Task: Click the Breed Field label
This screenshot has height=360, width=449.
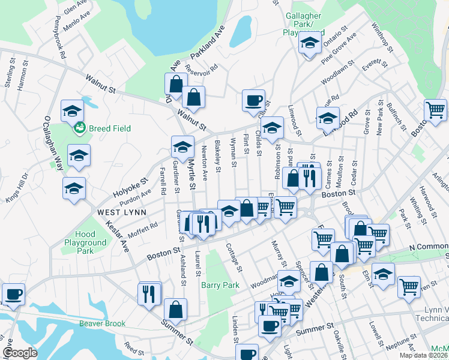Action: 109,128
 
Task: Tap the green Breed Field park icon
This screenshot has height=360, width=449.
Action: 79,128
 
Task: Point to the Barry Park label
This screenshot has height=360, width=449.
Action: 220,286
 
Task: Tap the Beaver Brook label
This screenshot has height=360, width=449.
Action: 103,323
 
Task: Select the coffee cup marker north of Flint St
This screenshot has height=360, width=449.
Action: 253,100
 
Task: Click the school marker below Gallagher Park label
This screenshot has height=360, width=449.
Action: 310,43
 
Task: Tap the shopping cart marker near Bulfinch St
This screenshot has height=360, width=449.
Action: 435,110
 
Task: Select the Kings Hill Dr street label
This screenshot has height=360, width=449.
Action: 16,185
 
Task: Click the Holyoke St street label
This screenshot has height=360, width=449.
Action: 130,188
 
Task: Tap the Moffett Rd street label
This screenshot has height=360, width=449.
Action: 142,230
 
